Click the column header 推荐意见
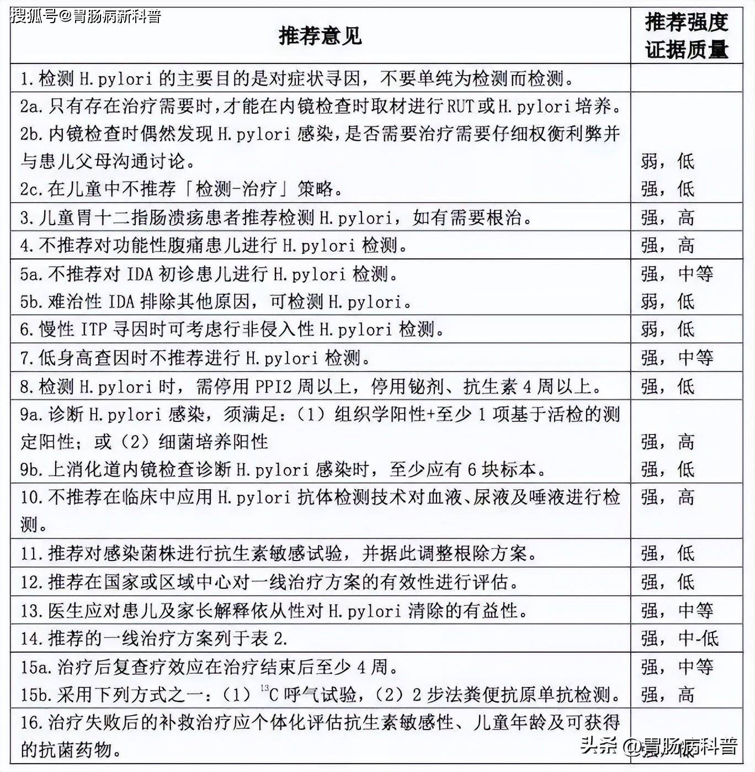(320, 36)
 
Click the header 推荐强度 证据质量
(686, 36)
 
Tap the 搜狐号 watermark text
(86, 16)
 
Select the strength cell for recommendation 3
(667, 218)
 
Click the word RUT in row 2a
(460, 106)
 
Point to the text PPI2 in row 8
(273, 386)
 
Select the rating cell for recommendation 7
(677, 358)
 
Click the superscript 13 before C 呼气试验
(264, 688)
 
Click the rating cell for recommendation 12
(667, 582)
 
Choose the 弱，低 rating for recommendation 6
(667, 330)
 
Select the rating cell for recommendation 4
(667, 245)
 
